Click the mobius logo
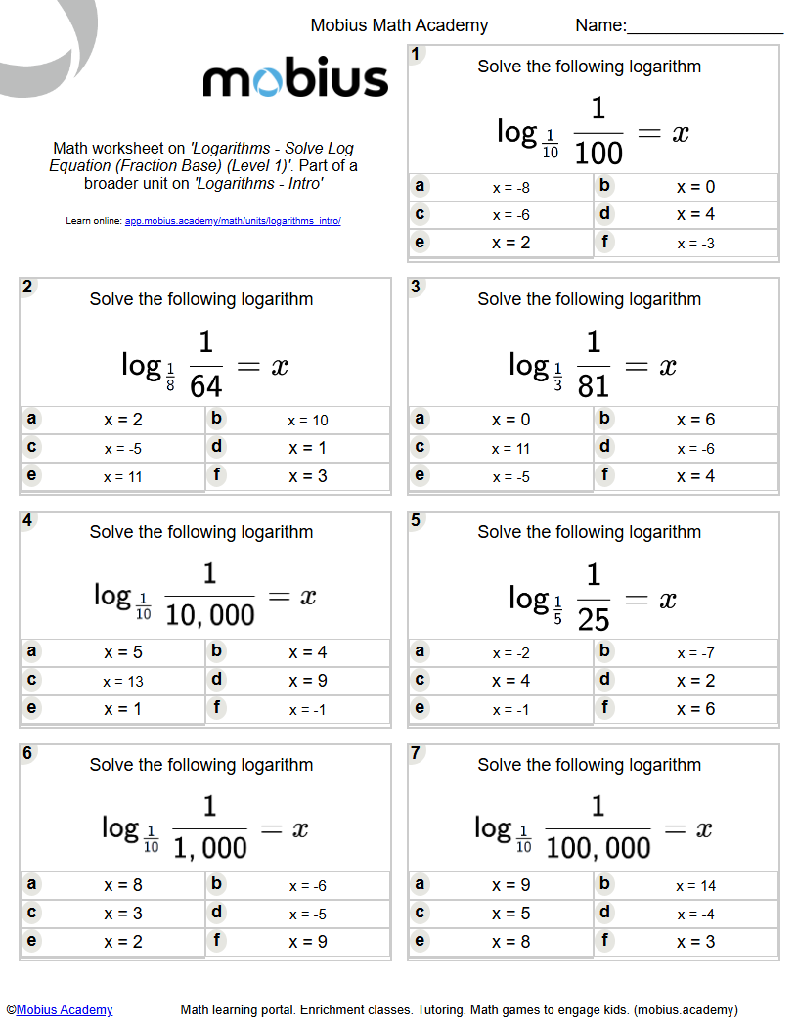(x=295, y=80)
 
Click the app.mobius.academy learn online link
(x=233, y=221)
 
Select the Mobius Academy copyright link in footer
(x=65, y=1009)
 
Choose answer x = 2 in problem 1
(x=510, y=243)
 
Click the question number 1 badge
(x=417, y=55)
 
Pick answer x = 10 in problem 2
(x=307, y=421)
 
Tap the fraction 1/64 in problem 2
(x=205, y=366)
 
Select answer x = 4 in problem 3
(x=695, y=476)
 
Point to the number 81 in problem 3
(x=594, y=385)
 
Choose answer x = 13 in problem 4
(x=122, y=682)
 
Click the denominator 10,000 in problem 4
(x=209, y=616)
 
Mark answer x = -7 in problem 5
(x=695, y=653)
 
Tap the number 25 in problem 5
(x=594, y=619)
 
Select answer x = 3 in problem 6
(x=122, y=914)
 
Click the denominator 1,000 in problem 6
(x=209, y=849)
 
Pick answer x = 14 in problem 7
(x=695, y=886)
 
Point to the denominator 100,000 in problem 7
(x=598, y=849)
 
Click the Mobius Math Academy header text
(x=399, y=25)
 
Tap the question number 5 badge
(x=417, y=520)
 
